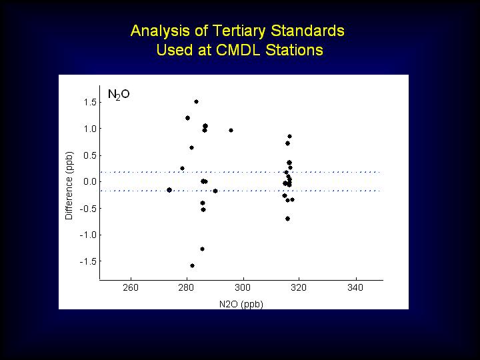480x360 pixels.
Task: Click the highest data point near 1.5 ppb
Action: pyautogui.click(x=196, y=101)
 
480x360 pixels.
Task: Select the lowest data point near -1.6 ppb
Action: pyautogui.click(x=192, y=266)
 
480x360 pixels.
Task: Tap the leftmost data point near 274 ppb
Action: pyautogui.click(x=169, y=190)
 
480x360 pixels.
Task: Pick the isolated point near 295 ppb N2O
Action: pyautogui.click(x=231, y=131)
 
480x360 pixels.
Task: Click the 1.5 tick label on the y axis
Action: pyautogui.click(x=90, y=102)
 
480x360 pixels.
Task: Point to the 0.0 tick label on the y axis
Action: pyautogui.click(x=90, y=182)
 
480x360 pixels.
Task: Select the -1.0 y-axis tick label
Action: pyautogui.click(x=88, y=235)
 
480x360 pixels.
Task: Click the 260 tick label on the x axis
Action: pyautogui.click(x=131, y=287)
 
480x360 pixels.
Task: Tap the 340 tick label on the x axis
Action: pyautogui.click(x=355, y=287)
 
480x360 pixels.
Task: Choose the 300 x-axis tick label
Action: pyautogui.click(x=243, y=287)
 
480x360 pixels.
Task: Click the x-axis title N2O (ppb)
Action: pyautogui.click(x=241, y=304)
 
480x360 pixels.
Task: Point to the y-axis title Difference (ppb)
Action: pyautogui.click(x=69, y=186)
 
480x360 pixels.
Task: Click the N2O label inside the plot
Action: pyautogui.click(x=119, y=94)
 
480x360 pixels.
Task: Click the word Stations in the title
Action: pyautogui.click(x=294, y=50)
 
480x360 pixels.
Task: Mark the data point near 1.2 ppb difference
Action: pyautogui.click(x=187, y=118)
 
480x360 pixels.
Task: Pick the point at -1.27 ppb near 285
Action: pyautogui.click(x=203, y=249)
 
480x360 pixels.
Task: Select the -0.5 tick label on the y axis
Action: pyautogui.click(x=88, y=209)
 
